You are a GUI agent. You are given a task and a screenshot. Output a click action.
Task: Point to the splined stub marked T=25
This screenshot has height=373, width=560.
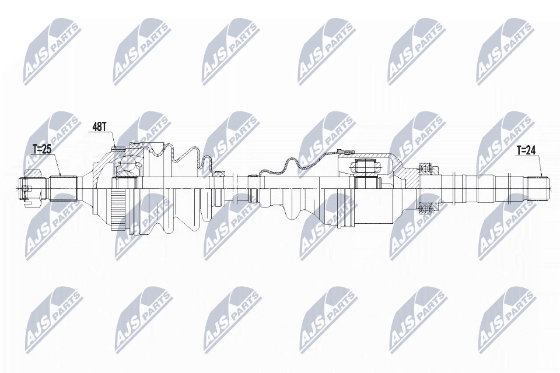(x=63, y=188)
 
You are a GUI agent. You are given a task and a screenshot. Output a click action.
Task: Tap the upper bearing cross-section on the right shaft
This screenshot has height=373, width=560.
(x=426, y=170)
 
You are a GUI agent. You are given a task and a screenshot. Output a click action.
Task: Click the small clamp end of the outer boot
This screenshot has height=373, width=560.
(x=219, y=173)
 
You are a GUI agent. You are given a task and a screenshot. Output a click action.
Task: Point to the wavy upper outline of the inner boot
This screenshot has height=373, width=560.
(x=286, y=166)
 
